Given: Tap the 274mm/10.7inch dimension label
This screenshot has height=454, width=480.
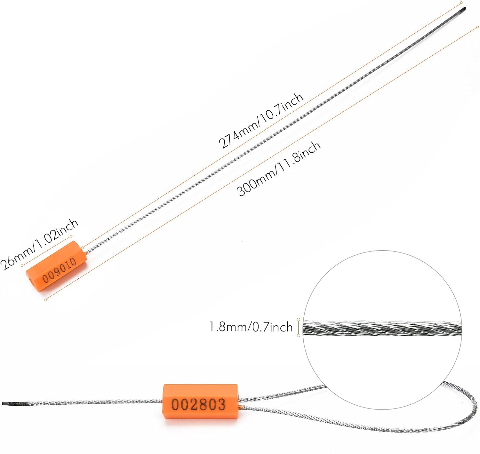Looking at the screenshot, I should pos(261,121).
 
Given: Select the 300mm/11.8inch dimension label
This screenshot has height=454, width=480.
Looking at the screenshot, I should pos(278,169).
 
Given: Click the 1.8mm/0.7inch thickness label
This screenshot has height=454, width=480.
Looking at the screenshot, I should pos(251,327).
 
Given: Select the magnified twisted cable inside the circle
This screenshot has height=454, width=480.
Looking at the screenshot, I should pos(382,329).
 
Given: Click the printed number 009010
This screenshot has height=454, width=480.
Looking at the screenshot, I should pos(60,270).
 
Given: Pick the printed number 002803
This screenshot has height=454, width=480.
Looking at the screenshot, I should pos(198,404).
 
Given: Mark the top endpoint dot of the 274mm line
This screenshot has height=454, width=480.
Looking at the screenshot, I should pos(461,3).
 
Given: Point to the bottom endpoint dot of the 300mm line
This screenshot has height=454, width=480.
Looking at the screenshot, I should pos(46,300).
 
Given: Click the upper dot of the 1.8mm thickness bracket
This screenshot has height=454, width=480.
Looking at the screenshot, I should pos(298,319).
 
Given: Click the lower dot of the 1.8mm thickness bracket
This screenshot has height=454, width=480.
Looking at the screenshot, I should pos(298,335).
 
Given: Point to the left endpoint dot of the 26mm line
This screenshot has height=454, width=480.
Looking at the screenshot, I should pos(22,265).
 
